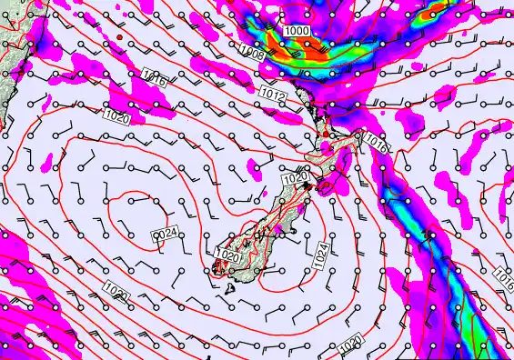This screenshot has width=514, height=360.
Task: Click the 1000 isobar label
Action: pos(297,31)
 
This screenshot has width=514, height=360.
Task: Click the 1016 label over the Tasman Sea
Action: pos(153,81)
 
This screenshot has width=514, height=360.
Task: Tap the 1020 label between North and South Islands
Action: pos(295,181)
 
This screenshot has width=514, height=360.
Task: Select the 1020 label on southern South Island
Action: pos(228,257)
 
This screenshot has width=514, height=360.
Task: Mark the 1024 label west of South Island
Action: pos(164,235)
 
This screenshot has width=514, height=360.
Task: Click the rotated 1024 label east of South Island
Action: pos(321,254)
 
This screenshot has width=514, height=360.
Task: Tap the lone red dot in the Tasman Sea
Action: pos(120,37)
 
